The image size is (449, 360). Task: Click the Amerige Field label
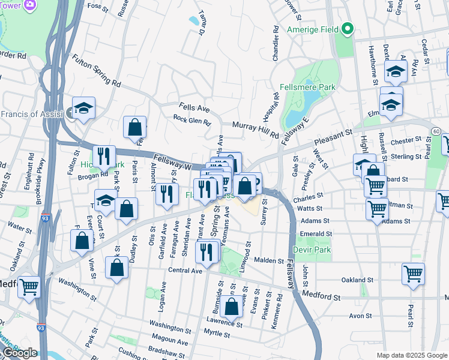pos(312,29)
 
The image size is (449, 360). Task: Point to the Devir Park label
pos(312,249)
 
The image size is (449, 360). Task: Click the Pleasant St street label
pos(331,136)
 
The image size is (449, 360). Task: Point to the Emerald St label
pos(316,234)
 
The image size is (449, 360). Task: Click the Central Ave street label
pos(185,271)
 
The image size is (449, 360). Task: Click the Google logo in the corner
pos(19,353)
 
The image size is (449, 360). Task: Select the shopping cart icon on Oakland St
pos(414,274)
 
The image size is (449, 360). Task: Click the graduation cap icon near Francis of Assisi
pos(84,108)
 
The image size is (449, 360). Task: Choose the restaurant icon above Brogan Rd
pos(104,156)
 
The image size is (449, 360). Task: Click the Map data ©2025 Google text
pos(411,355)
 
